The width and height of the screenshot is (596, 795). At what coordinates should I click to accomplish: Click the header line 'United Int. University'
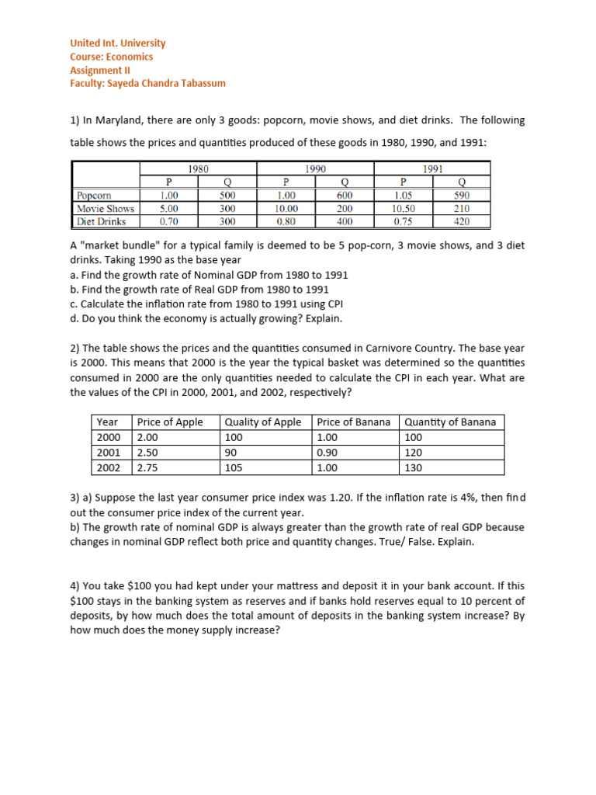pyautogui.click(x=117, y=43)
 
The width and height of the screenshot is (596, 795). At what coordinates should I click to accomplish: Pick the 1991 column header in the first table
pyautogui.click(x=432, y=168)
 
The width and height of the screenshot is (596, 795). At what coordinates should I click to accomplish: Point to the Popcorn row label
pyautogui.click(x=94, y=196)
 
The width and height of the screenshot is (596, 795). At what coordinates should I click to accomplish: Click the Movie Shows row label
pyautogui.click(x=106, y=209)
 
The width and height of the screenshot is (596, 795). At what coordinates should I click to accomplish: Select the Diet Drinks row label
pyautogui.click(x=102, y=221)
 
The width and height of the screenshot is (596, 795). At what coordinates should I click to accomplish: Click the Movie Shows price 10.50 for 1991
pyautogui.click(x=404, y=209)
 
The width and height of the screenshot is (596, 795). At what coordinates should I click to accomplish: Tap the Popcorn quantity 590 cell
pyautogui.click(x=462, y=196)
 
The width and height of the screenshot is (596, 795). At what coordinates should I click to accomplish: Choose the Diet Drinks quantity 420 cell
pyautogui.click(x=462, y=221)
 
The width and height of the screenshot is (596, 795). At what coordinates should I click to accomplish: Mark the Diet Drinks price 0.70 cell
pyautogui.click(x=168, y=221)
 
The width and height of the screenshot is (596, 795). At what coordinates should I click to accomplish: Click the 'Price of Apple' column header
pyautogui.click(x=170, y=422)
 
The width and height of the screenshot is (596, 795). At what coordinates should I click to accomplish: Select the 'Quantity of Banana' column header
pyautogui.click(x=451, y=422)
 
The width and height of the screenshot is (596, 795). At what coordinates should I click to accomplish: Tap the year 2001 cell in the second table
pyautogui.click(x=108, y=452)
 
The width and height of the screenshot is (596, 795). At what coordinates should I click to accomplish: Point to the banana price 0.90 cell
pyautogui.click(x=328, y=452)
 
